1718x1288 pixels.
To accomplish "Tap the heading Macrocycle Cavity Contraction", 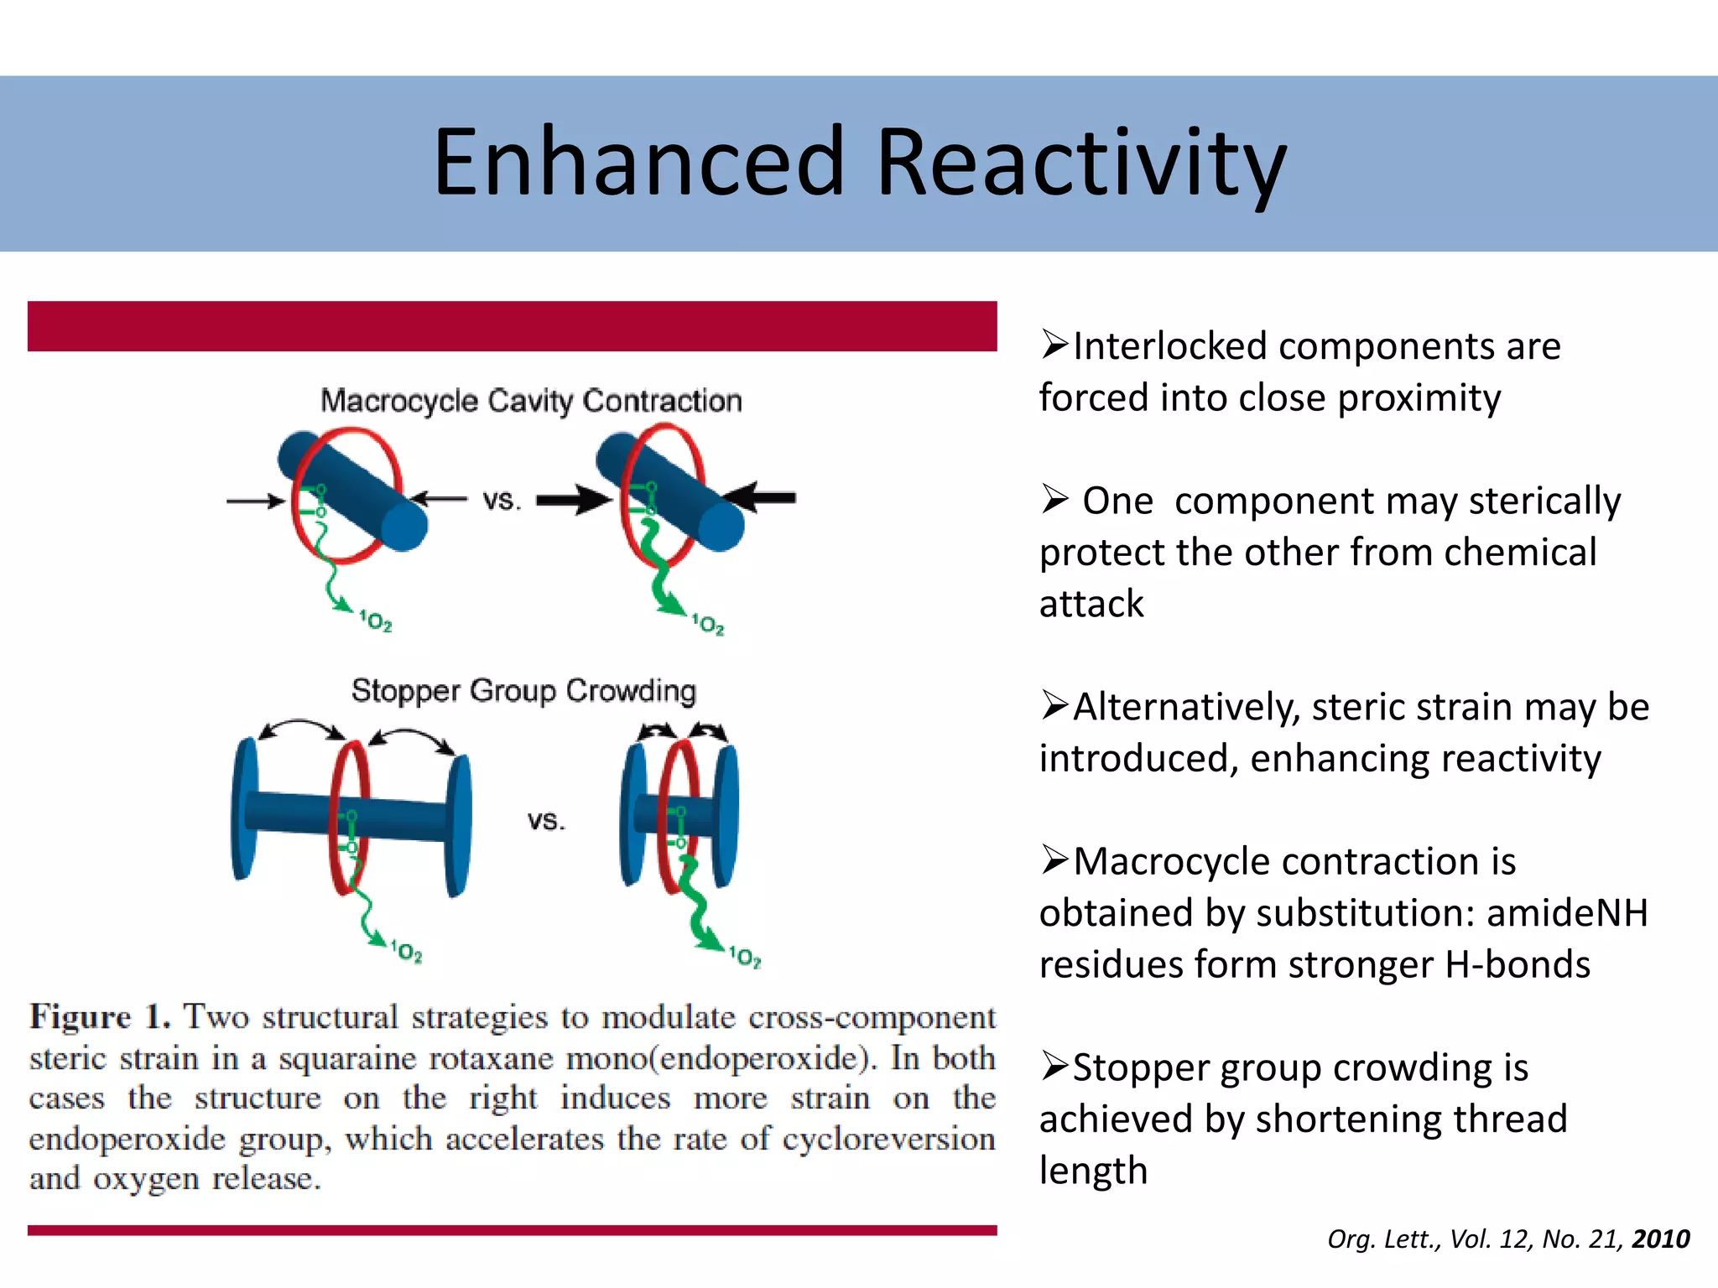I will (531, 401).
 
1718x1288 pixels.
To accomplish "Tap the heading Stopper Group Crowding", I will (523, 690).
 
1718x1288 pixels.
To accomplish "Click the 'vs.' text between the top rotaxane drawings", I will (502, 501).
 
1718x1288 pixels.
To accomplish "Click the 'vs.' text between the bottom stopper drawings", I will (546, 819).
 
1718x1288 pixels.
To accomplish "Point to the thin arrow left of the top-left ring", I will (255, 501).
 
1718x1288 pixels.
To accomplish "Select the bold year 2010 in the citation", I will (1661, 1239).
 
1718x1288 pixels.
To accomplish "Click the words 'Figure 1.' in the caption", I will (101, 1016).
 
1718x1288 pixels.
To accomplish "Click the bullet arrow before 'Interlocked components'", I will (1054, 345).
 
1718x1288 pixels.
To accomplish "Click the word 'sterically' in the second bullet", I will (1544, 501).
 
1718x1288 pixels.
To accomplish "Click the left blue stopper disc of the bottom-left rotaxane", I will (244, 809).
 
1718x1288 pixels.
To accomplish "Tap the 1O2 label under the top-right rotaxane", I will (707, 624).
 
